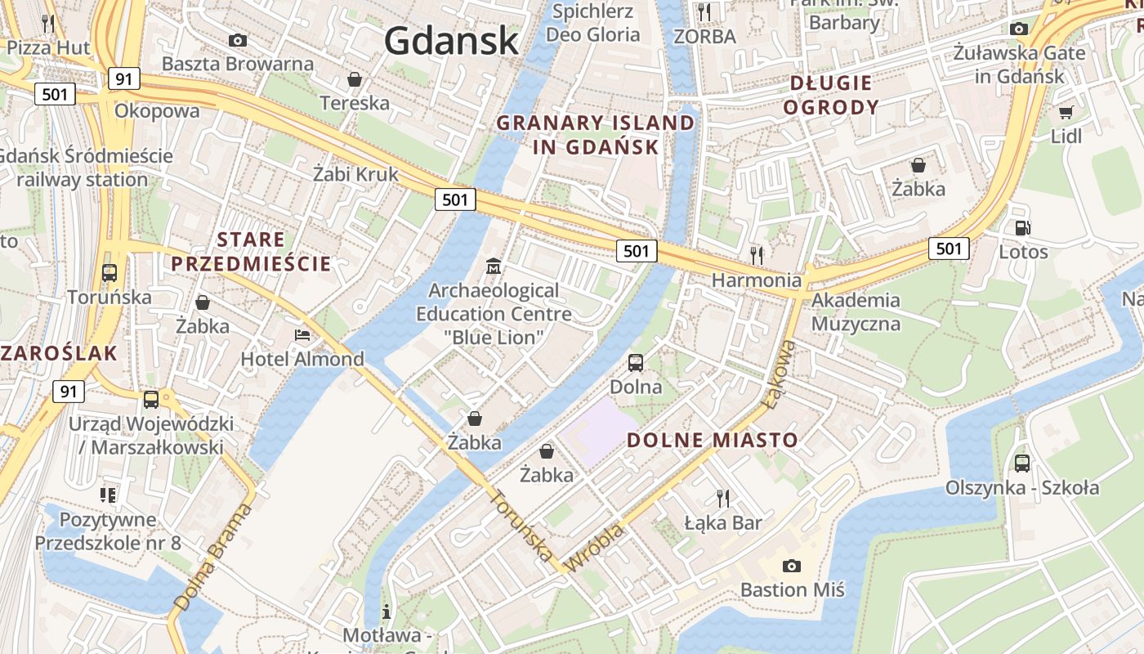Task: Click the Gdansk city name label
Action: tap(451, 40)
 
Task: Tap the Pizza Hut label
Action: tap(48, 47)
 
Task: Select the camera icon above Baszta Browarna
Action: tap(238, 40)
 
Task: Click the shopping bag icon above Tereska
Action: tap(355, 79)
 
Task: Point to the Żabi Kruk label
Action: tap(356, 173)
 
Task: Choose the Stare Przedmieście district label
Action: tap(251, 251)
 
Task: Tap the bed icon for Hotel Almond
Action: tap(302, 335)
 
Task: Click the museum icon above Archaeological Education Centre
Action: tap(494, 267)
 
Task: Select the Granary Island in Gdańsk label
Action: tap(596, 135)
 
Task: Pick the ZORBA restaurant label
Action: tap(704, 36)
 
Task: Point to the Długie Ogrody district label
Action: tap(831, 95)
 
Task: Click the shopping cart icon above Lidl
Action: tap(1066, 112)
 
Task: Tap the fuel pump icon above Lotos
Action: tap(1022, 228)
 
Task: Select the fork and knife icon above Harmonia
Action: tap(757, 255)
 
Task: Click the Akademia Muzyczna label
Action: tap(856, 311)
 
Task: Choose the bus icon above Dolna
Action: tap(636, 362)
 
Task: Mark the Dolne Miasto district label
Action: tap(712, 440)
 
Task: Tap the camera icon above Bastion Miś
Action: tap(791, 566)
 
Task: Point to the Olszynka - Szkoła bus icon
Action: tap(1022, 464)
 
